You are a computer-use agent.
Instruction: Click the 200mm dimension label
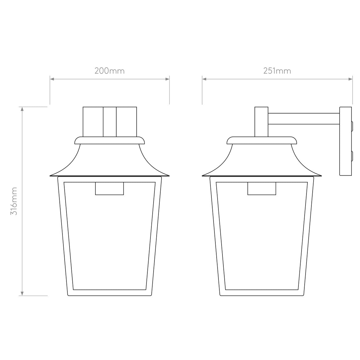110,71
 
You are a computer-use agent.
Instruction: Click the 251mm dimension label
277,71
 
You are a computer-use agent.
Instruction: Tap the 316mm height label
14,201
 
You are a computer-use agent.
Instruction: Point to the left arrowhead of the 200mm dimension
52,79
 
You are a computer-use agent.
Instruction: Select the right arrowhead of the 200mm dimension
167,79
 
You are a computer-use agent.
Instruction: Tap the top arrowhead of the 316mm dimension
22,109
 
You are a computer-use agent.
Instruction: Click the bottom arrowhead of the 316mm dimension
22,294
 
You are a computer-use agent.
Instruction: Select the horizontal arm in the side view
304,119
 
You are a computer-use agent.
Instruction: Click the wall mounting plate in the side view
345,141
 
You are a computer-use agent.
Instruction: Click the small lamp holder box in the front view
110,189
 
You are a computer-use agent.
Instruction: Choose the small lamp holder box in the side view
262,189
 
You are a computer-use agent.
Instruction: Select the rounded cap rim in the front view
110,141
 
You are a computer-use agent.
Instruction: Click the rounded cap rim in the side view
262,141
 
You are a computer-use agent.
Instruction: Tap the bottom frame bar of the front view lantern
110,293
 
